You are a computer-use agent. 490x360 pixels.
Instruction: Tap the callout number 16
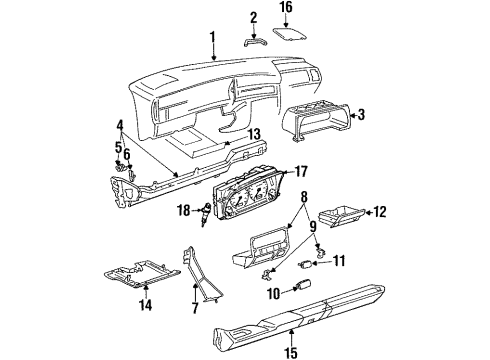pos(286,7)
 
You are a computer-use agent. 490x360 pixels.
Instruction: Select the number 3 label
pos(361,114)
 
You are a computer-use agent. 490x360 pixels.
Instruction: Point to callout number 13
pos(253,135)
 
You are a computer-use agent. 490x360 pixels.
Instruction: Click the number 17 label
pos(300,172)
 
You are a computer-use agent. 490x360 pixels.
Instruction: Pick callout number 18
pos(184,210)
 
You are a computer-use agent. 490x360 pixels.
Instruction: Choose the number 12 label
pos(379,212)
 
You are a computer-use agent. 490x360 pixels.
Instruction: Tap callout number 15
pos(291,352)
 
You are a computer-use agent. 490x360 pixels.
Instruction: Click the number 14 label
pos(145,305)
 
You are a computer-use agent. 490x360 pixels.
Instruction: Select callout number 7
pos(195,307)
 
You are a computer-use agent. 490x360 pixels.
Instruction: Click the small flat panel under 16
pos(290,35)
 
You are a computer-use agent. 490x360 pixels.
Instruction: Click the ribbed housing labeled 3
pos(317,122)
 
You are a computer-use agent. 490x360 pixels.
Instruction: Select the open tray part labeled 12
pos(341,217)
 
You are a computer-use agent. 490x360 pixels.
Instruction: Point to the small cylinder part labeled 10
pos(303,285)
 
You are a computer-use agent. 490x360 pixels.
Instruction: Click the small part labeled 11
pos(305,265)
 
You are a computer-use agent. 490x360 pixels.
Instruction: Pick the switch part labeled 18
pos(205,214)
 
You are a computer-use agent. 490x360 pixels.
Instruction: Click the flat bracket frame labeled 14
pos(143,274)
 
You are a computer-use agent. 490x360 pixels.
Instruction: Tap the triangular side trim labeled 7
pos(199,273)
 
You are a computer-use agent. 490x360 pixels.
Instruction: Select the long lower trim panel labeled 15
pos(299,314)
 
